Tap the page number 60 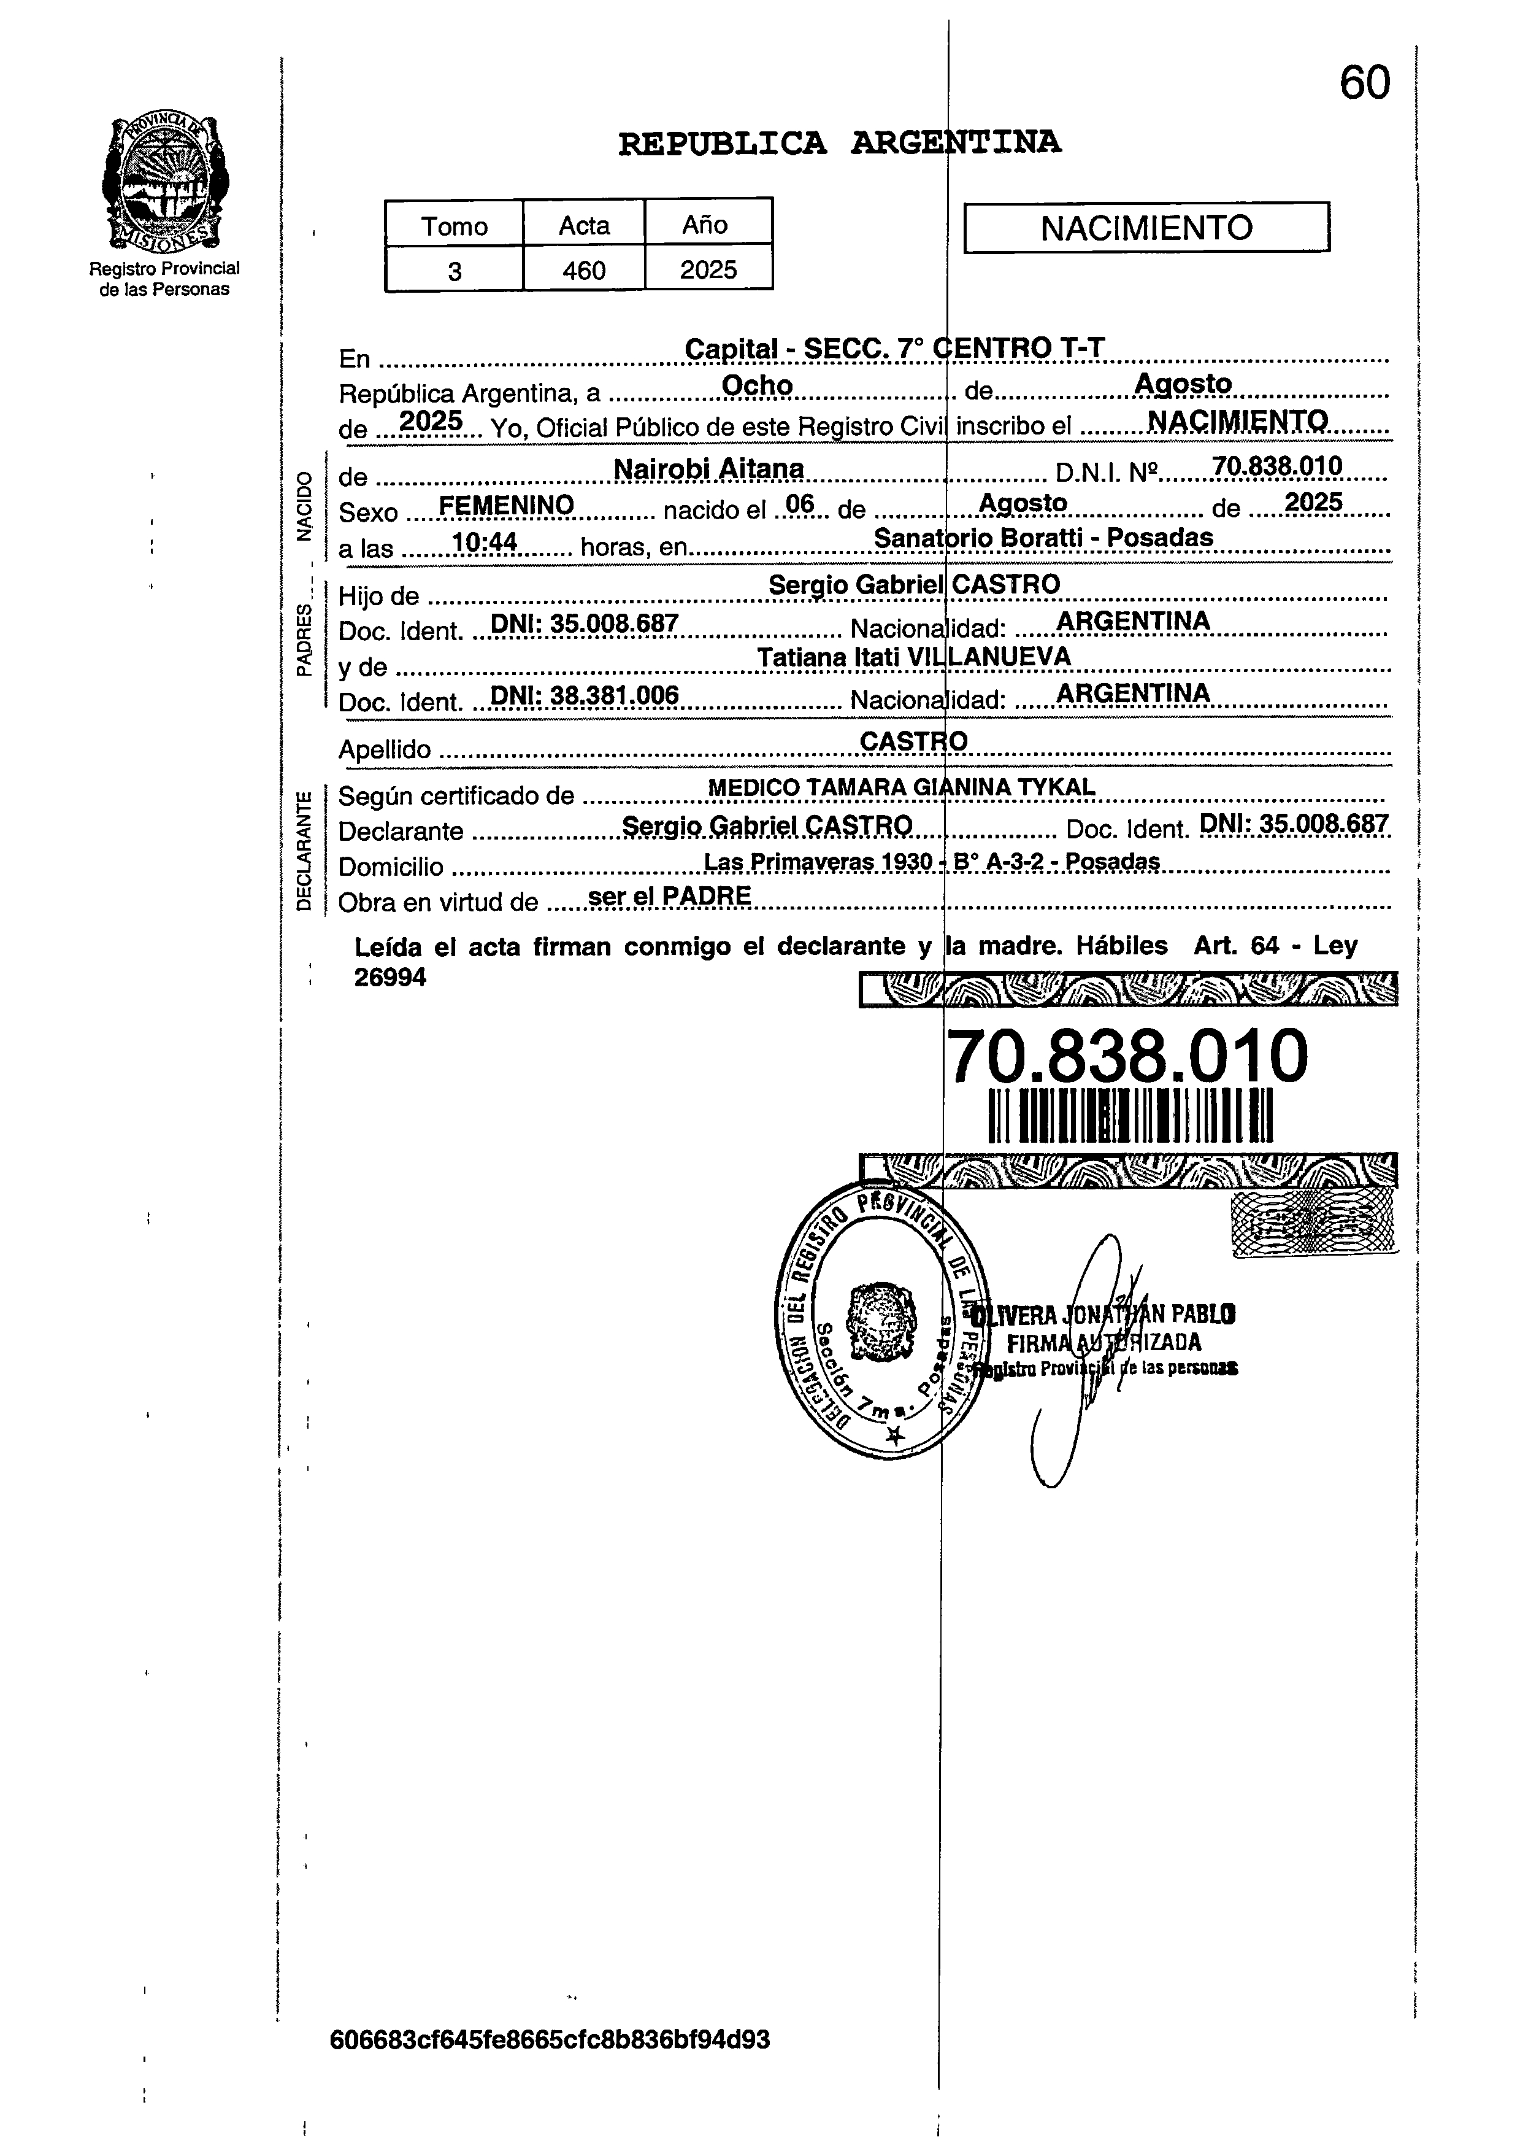(1365, 83)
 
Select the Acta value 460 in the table (584, 271)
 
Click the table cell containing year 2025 (708, 270)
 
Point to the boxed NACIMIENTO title (1146, 228)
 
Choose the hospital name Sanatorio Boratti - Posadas (1042, 538)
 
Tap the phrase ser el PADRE (669, 896)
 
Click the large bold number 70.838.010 (1127, 1055)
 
